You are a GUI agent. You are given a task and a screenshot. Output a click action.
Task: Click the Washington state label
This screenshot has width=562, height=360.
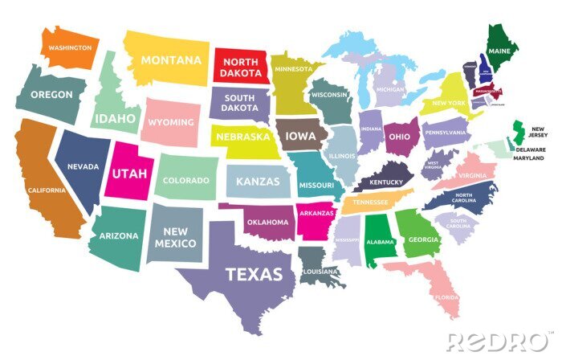pos(71,47)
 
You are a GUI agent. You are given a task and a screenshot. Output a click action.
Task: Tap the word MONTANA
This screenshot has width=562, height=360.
pos(171,59)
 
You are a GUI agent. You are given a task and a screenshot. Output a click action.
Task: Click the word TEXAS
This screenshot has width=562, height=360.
pos(254,274)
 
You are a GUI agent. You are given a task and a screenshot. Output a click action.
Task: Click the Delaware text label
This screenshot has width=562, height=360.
pos(531,149)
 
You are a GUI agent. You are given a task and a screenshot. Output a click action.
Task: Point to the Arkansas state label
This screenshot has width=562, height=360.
pos(316,213)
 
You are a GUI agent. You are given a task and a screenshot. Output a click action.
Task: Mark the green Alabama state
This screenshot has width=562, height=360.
pos(380,240)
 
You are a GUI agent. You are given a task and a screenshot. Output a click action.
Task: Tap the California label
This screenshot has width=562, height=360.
pos(47,190)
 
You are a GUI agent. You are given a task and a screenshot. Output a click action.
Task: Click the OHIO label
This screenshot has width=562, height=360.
pos(399,137)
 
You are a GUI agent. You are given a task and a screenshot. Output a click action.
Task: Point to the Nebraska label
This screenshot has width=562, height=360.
pos(242,137)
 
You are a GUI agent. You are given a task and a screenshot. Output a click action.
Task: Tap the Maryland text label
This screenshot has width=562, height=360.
pos(531,158)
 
